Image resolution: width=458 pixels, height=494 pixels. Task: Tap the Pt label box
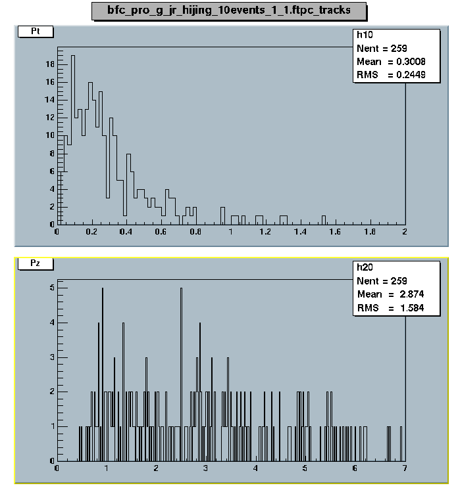[x=35, y=32]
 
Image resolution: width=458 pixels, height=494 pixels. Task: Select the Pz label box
[x=35, y=264]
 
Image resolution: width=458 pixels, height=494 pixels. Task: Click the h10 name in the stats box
[x=365, y=36]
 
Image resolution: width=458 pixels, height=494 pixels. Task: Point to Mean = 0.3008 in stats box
[x=390, y=62]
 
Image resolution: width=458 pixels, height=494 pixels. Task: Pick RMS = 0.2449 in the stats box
[x=390, y=75]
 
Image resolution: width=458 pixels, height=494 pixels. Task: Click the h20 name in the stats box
[x=365, y=267]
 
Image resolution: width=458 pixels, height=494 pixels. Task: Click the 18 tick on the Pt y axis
[x=49, y=64]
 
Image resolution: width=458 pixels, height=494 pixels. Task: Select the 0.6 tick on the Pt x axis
[x=161, y=232]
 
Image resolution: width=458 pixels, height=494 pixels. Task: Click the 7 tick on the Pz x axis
[x=404, y=468]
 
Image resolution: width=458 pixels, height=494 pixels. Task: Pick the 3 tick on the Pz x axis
[x=206, y=468]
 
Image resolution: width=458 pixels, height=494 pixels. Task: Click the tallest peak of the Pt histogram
[x=73, y=56]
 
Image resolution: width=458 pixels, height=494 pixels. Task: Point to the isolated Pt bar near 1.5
[x=323, y=219]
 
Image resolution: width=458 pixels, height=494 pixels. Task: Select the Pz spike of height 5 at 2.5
[x=181, y=289]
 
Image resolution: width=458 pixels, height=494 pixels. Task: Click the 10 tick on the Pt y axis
[x=49, y=135]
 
